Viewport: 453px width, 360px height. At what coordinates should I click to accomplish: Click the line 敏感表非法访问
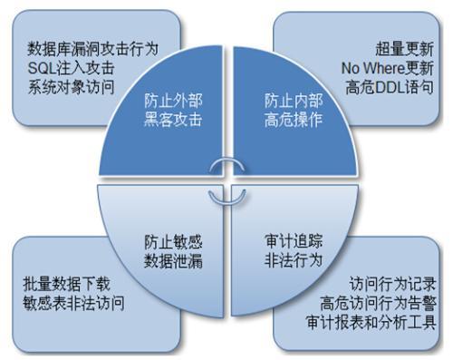(75, 301)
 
